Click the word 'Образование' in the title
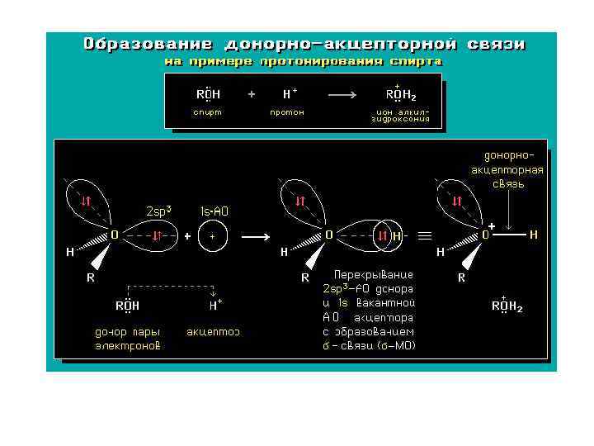[x=147, y=44]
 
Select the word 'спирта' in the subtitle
[x=415, y=61]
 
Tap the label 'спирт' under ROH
[x=207, y=112]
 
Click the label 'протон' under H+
[x=287, y=112]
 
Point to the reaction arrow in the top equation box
[x=342, y=94]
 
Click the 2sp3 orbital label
[x=158, y=211]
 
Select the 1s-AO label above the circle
[x=214, y=211]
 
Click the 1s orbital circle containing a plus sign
[x=213, y=235]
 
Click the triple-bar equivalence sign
[x=425, y=235]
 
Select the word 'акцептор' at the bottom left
[x=213, y=332]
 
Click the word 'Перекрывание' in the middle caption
[x=374, y=274]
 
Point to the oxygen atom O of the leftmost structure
[x=115, y=235]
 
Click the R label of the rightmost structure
[x=462, y=278]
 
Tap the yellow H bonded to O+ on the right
[x=534, y=235]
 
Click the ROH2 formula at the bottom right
[x=507, y=306]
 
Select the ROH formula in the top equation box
[x=208, y=94]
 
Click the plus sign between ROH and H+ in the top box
[x=252, y=94]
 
